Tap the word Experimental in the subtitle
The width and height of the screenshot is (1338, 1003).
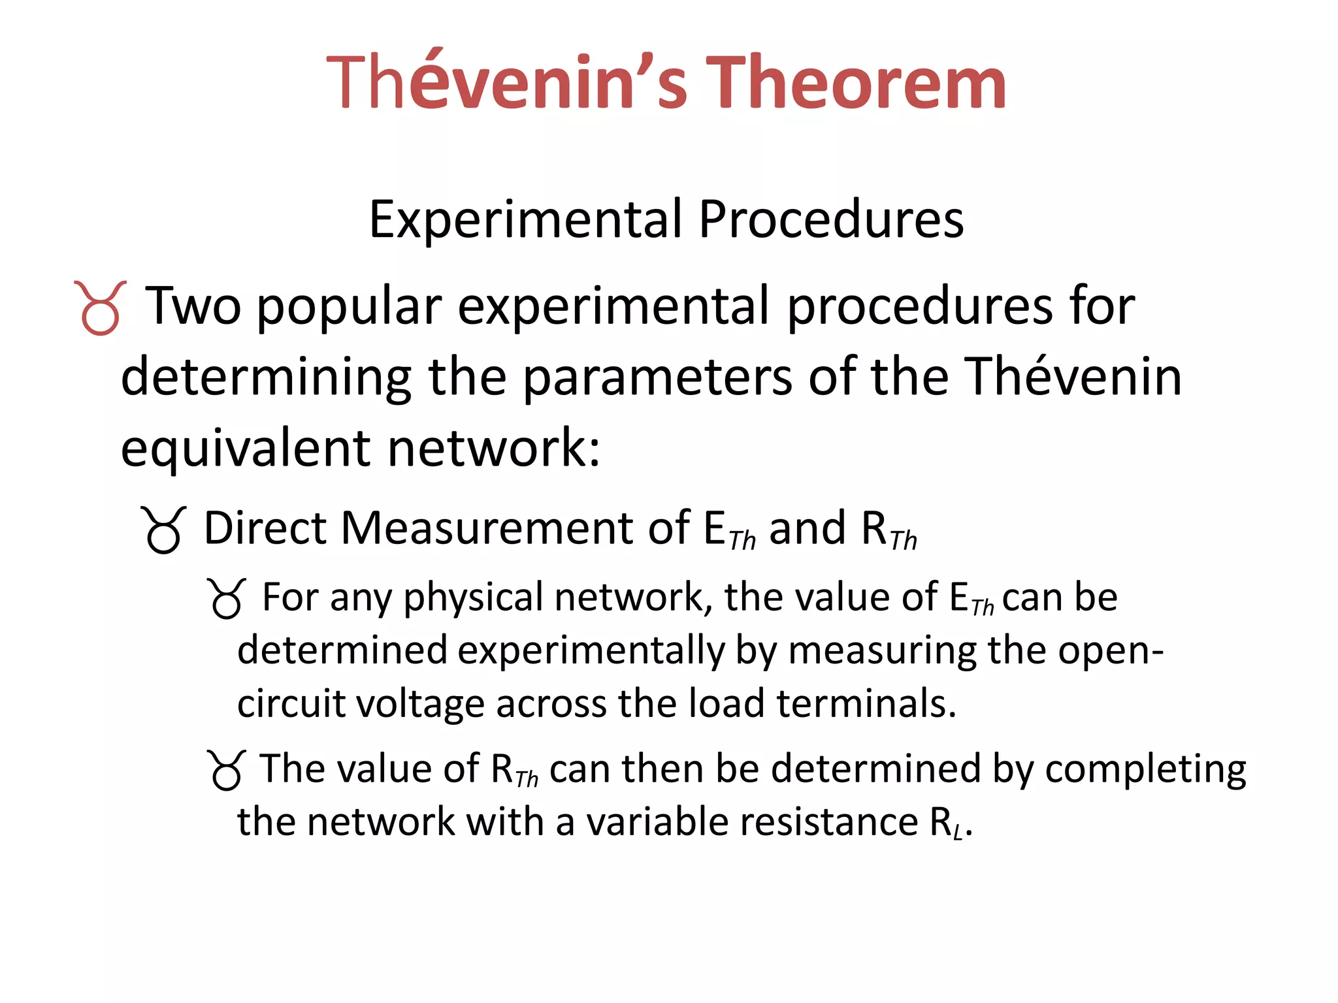click(x=525, y=219)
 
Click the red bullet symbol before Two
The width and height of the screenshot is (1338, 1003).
click(x=100, y=308)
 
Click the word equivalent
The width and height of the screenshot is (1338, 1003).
click(x=246, y=449)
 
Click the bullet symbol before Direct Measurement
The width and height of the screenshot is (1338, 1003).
click(x=163, y=530)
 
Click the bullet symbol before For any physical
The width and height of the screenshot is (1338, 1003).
click(x=226, y=598)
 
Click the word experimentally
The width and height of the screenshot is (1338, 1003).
click(x=592, y=651)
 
